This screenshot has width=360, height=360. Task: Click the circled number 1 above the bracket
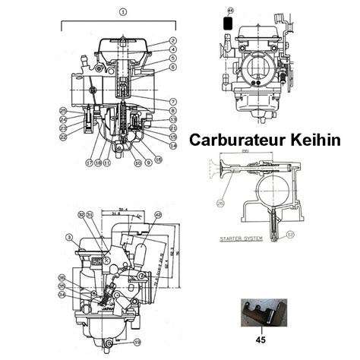123,12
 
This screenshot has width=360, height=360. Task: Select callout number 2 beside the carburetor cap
173,40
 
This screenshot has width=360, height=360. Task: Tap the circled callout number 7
173,101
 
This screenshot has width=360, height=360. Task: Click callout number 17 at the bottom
89,163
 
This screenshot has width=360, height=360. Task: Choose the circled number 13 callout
173,119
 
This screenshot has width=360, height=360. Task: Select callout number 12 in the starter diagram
292,234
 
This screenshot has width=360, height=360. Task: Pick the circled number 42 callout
157,215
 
